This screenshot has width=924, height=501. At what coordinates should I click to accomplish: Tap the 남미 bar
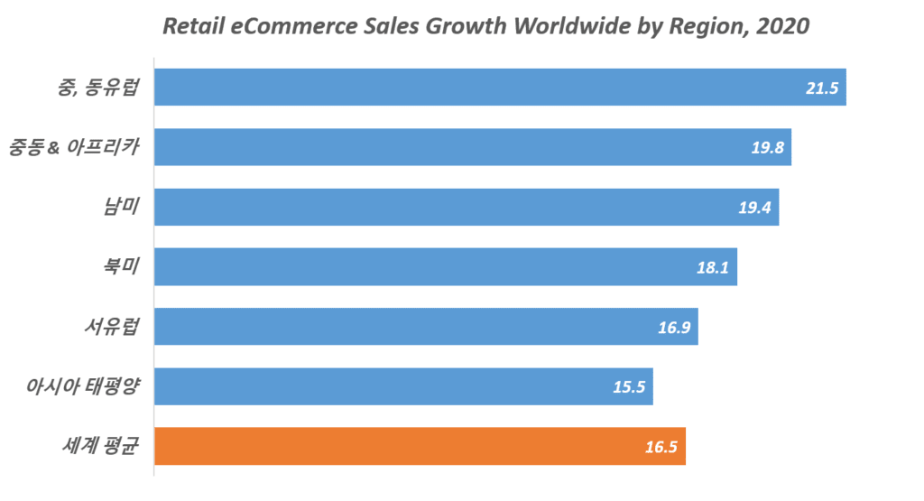(466, 207)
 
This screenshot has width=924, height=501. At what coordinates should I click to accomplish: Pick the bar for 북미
(445, 266)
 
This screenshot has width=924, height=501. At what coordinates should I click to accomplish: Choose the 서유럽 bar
(425, 326)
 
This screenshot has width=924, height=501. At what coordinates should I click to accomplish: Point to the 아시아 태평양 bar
(402, 385)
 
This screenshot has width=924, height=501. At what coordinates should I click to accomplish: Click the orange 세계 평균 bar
(420, 446)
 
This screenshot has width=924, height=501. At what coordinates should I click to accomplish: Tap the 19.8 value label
(768, 148)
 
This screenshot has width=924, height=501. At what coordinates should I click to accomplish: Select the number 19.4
(755, 208)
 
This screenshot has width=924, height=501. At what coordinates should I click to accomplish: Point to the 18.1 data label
(714, 267)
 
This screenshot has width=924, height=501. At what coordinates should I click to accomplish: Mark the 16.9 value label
(674, 327)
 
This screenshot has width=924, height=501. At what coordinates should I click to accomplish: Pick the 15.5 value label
(629, 386)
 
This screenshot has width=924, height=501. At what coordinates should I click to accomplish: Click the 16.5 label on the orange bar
(661, 447)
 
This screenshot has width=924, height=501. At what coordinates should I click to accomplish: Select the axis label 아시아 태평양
(83, 386)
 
